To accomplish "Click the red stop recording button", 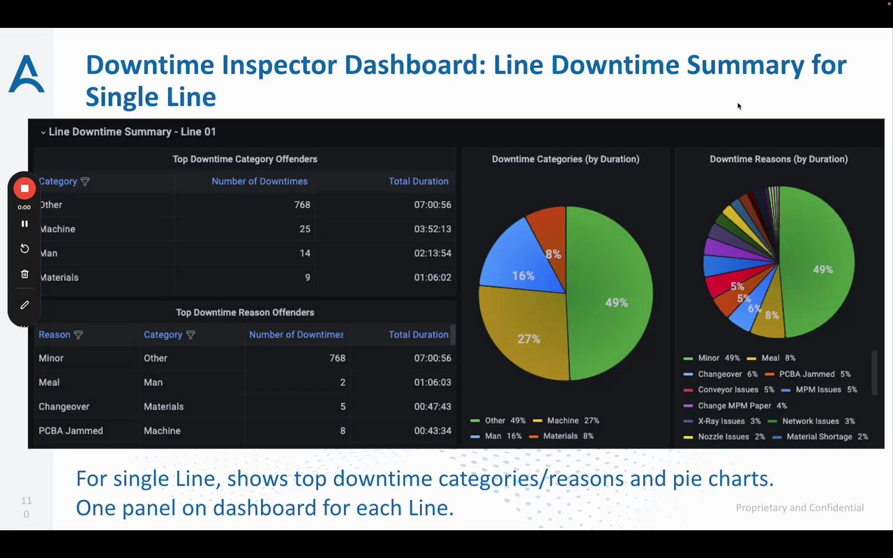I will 24,188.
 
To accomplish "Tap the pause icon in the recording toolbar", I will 24,224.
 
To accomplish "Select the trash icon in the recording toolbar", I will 24,274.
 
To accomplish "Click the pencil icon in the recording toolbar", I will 24,305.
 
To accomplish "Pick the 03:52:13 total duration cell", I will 432,229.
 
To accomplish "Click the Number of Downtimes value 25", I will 305,229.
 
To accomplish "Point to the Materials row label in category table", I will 59,278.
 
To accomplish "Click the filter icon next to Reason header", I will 78,335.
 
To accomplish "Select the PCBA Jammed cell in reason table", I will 71,431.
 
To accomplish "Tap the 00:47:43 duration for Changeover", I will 432,407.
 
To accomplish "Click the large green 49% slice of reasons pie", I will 820,269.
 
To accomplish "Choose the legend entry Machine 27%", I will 566,421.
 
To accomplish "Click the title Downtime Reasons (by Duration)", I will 779,159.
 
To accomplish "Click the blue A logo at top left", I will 27,75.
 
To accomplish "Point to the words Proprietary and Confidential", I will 800,508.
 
